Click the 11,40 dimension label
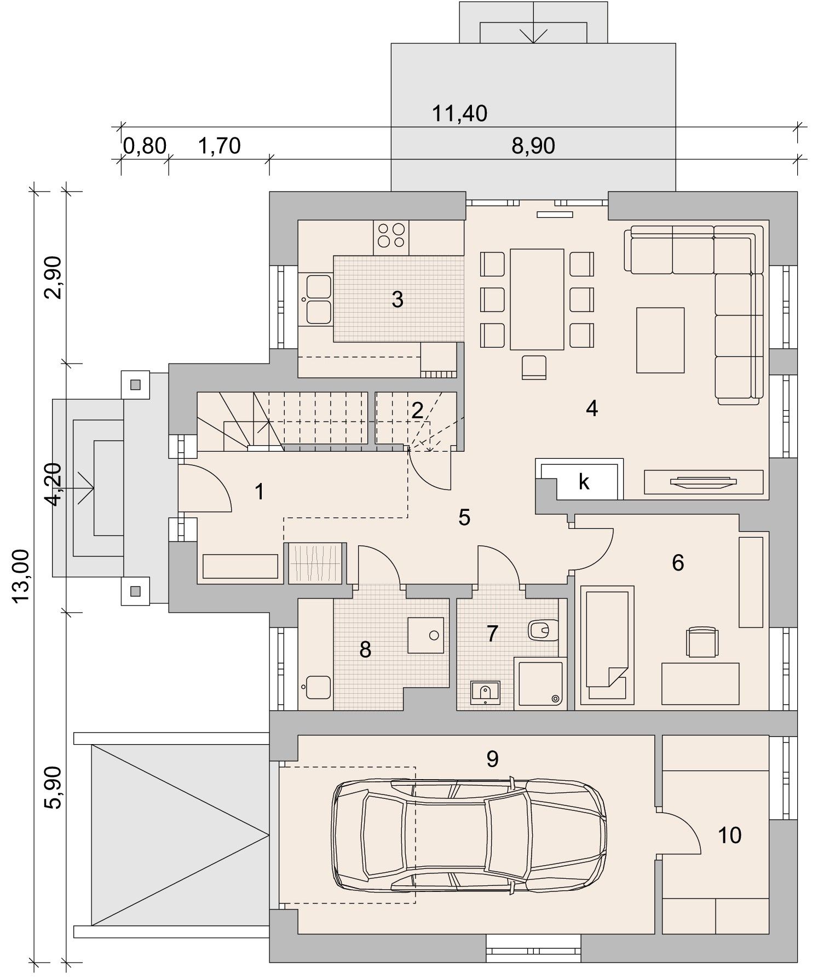tap(459, 113)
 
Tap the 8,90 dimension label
tap(533, 146)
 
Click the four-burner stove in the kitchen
tap(391, 237)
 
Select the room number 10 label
tap(729, 836)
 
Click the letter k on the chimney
tap(584, 482)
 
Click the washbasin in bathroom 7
tap(485, 692)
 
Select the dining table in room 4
tap(537, 299)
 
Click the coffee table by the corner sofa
tap(660, 340)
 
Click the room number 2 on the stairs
tap(417, 411)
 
